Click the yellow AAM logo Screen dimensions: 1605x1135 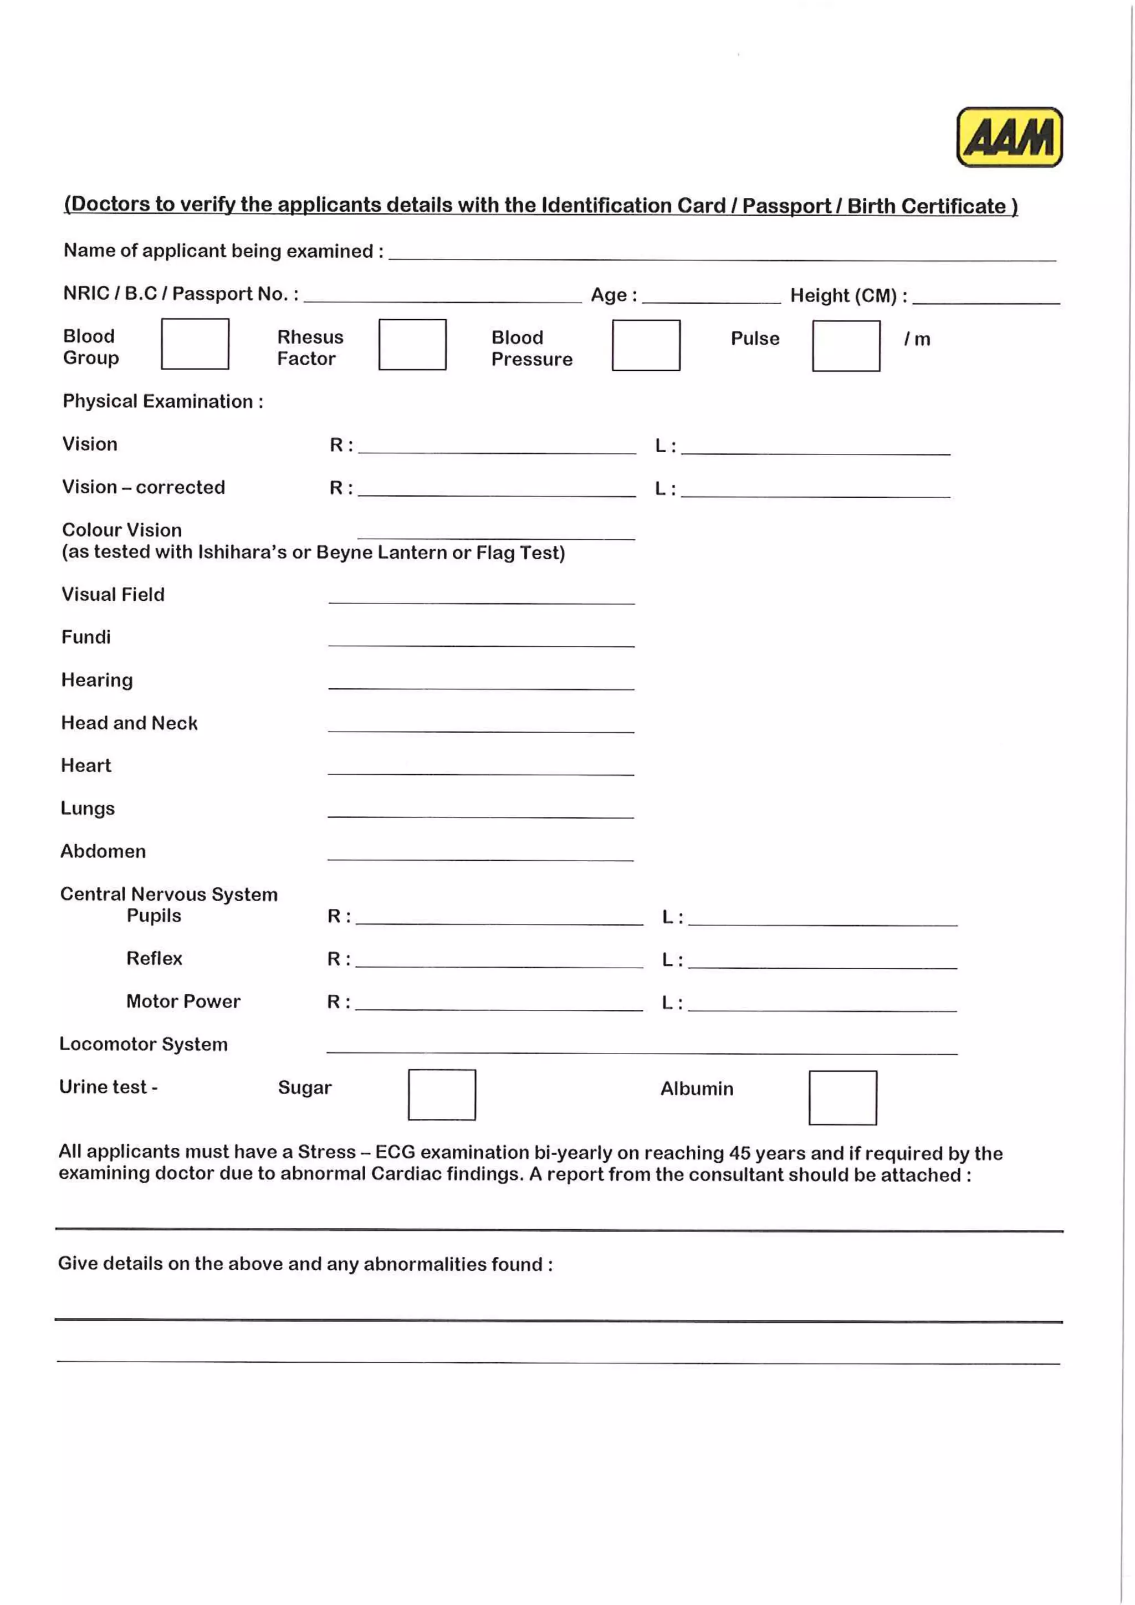click(x=1009, y=137)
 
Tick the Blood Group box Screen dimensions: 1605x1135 click(x=195, y=344)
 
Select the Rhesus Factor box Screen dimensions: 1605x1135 click(x=412, y=345)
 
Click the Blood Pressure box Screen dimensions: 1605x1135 click(x=646, y=345)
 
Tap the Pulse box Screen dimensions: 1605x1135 click(x=846, y=346)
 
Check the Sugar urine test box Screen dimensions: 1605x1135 click(x=442, y=1095)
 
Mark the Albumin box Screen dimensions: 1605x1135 click(x=842, y=1097)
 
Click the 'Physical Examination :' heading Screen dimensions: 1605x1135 click(x=163, y=401)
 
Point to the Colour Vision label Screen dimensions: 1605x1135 click(x=121, y=530)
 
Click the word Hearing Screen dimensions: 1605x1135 click(x=97, y=680)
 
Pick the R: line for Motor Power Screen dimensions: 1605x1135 click(x=499, y=1005)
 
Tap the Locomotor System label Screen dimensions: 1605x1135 click(x=144, y=1044)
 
